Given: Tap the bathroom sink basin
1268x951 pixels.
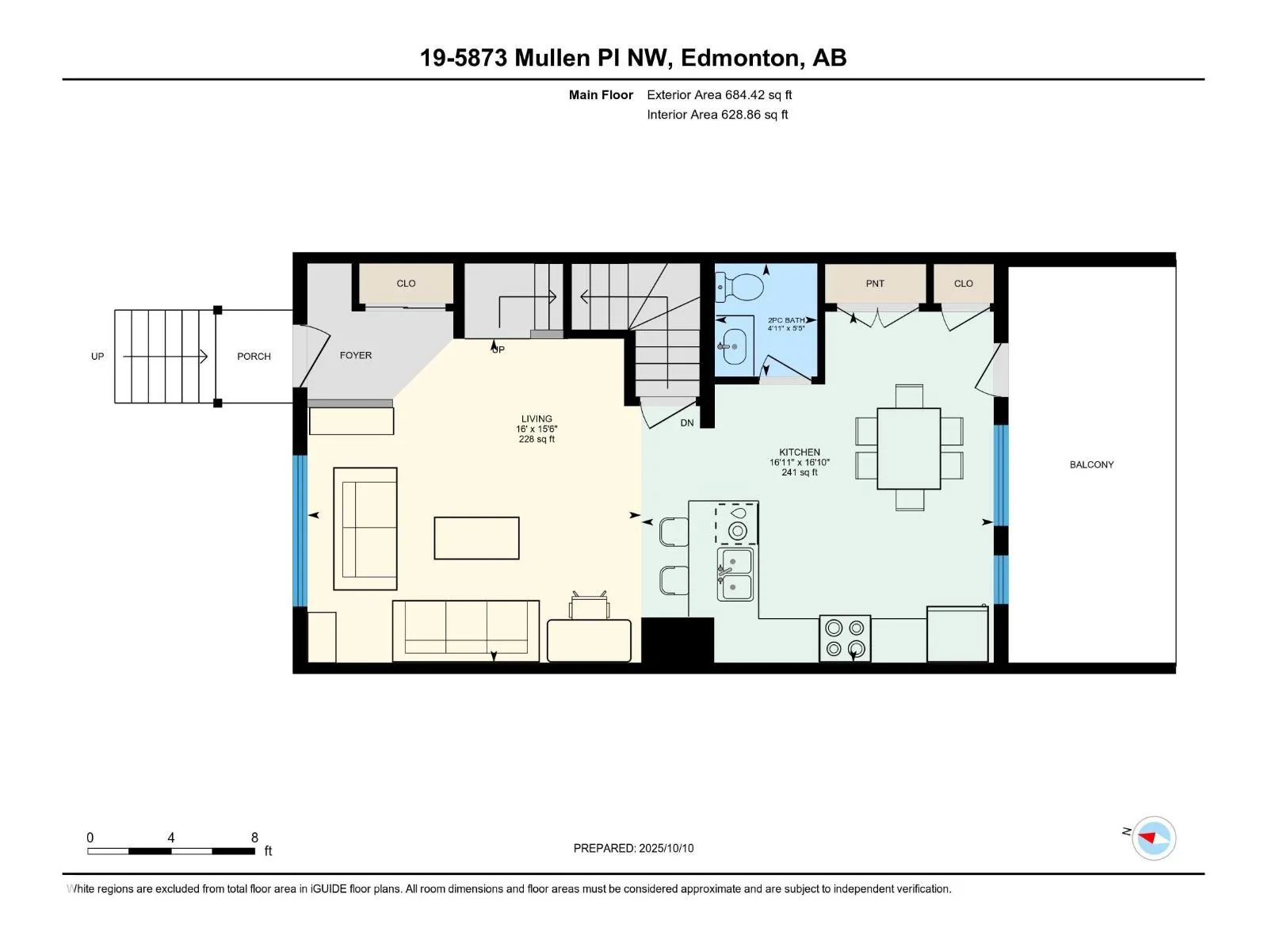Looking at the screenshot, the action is point(735,346).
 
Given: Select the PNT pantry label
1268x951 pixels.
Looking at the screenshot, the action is point(875,284).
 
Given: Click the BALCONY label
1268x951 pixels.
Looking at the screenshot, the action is point(1091,465).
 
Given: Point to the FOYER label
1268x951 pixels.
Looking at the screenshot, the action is point(355,356).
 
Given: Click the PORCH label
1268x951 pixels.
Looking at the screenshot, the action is point(254,357).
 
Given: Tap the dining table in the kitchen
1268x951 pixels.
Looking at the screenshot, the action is point(909,449).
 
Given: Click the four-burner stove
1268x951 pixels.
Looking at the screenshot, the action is point(845,638).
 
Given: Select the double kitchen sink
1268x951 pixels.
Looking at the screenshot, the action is point(735,574).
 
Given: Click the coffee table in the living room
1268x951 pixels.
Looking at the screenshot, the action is point(476,538).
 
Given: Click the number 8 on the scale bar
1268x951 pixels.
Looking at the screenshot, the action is point(254,837).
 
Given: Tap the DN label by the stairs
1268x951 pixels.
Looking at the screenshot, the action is point(687,423).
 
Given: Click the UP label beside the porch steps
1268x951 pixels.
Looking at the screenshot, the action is point(97,357).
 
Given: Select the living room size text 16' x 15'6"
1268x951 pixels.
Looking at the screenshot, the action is point(537,429).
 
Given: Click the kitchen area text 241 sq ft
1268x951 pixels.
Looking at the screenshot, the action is point(800,472).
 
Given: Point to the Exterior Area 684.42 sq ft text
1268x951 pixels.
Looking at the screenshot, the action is point(720,95).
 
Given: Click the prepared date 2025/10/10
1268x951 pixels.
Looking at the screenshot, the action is point(666,848).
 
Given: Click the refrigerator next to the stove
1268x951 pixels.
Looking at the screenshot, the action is point(957,633).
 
